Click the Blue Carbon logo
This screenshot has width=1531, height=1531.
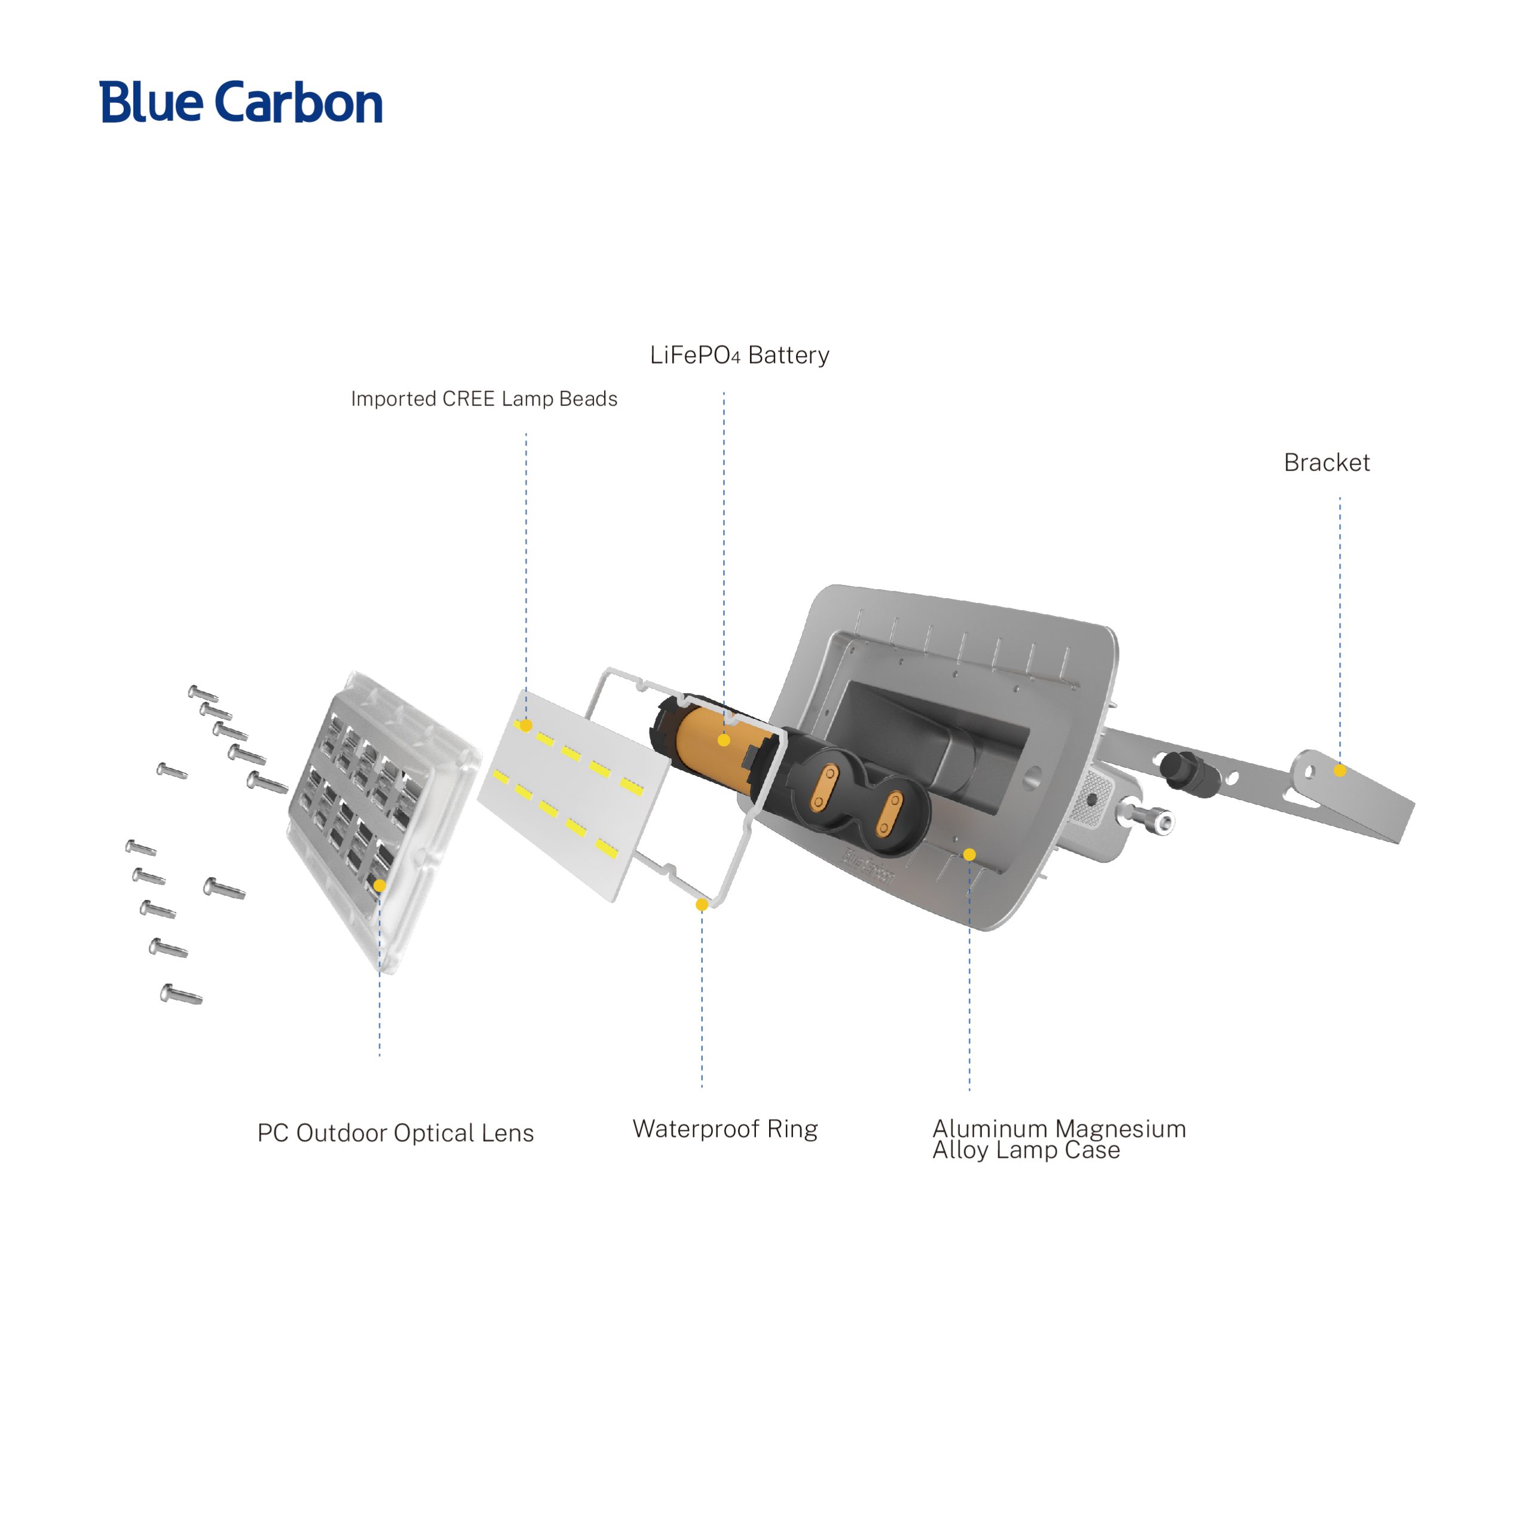(241, 102)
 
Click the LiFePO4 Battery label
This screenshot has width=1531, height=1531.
(739, 355)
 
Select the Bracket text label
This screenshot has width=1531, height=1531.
(1326, 463)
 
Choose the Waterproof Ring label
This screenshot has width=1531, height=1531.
(724, 1129)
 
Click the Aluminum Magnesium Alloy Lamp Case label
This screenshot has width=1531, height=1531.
(1058, 1139)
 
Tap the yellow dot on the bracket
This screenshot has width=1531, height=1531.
(1339, 770)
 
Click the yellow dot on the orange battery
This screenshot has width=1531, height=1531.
(724, 740)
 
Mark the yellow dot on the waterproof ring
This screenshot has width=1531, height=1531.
(702, 904)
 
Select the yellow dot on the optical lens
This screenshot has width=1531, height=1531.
(380, 885)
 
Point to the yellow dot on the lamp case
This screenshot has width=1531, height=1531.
(969, 854)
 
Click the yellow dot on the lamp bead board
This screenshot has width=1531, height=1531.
(526, 725)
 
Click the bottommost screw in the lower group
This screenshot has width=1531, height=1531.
(181, 994)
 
